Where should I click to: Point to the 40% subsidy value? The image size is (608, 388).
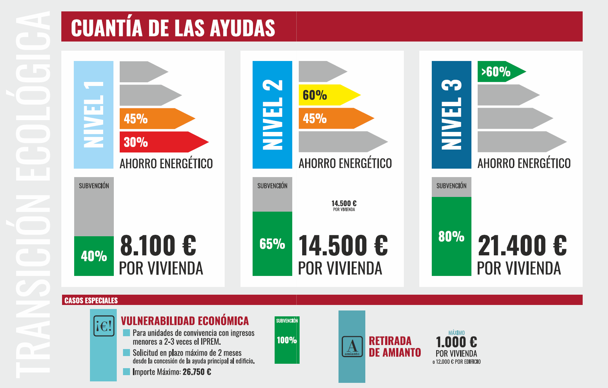94,256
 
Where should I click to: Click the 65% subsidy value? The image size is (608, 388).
272,244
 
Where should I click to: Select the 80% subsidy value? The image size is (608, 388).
451,237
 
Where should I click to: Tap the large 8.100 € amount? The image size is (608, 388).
158,246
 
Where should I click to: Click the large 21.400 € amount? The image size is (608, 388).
522,246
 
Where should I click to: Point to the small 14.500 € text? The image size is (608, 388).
344,204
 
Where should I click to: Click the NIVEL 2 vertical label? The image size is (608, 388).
272,115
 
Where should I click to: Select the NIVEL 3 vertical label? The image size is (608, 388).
451,115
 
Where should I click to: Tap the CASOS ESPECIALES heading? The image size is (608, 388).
91,301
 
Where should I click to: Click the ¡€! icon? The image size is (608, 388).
104,326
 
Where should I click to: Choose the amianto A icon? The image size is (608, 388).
352,346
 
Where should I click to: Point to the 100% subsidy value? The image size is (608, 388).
287,340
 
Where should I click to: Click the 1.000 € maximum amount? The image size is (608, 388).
456,342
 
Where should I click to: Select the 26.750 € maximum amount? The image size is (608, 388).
197,372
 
